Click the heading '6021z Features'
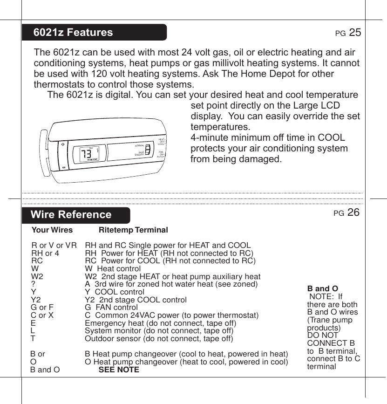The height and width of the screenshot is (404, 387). click(x=73, y=33)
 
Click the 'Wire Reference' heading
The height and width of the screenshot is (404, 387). click(x=71, y=215)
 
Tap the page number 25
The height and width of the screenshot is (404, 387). click(x=355, y=32)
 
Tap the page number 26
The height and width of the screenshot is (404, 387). click(x=353, y=212)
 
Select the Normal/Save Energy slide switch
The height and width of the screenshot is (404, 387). click(x=147, y=150)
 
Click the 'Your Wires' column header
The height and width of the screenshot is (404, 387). click(x=52, y=230)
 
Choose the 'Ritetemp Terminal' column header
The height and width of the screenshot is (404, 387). click(x=134, y=230)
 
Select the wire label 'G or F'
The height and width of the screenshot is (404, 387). click(x=42, y=307)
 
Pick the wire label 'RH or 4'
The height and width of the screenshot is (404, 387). click(x=45, y=253)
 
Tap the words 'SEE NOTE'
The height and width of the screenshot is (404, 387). click(x=119, y=370)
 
